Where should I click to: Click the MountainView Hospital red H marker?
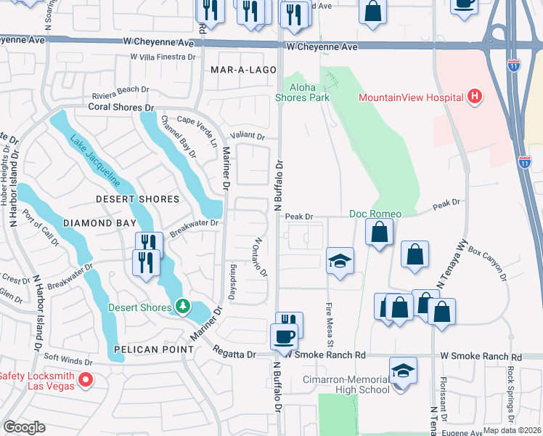pos(474,97)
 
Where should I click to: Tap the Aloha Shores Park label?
pos(305,92)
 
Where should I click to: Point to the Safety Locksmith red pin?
pos(85,380)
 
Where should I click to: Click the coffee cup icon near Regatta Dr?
pos(283,336)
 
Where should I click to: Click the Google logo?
pos(24,427)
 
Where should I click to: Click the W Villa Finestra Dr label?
pos(163,56)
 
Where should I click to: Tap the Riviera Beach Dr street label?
pos(121,97)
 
